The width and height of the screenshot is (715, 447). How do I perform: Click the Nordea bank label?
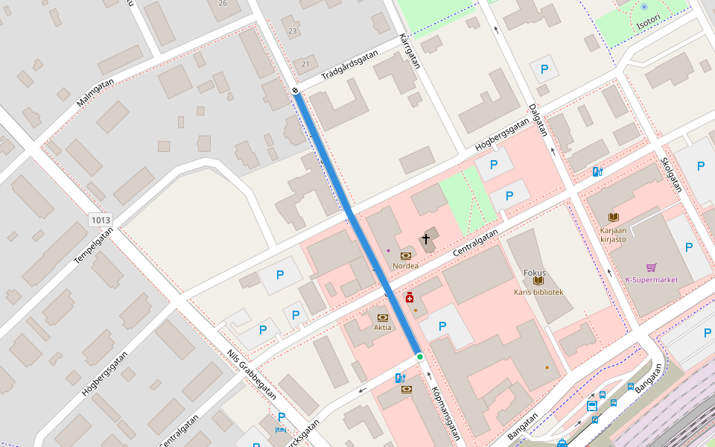(x=405, y=266)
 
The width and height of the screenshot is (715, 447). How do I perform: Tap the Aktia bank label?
(x=383, y=328)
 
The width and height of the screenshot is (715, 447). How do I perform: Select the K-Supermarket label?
(x=652, y=280)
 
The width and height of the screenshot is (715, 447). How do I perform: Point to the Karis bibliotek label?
(x=538, y=292)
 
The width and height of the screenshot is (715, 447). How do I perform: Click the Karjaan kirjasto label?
(x=613, y=235)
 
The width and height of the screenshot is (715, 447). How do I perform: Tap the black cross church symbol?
(x=426, y=239)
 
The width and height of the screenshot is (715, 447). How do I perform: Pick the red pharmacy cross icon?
(x=410, y=297)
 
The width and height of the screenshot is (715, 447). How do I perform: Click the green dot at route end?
(x=420, y=357)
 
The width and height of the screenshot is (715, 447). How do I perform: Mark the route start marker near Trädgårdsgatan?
(x=296, y=91)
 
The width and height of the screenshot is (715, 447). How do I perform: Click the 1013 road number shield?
(x=100, y=220)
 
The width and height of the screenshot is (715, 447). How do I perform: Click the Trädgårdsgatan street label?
(x=350, y=66)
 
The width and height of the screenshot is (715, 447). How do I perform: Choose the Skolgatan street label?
(x=671, y=174)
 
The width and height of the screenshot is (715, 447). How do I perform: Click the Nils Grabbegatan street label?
(x=252, y=375)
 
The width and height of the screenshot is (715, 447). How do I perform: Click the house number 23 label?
(x=293, y=31)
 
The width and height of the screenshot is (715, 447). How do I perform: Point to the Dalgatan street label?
(x=538, y=120)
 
